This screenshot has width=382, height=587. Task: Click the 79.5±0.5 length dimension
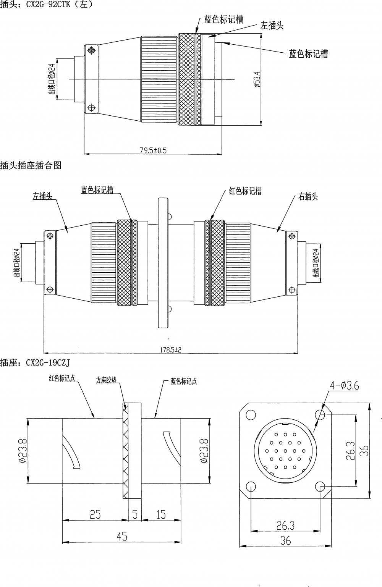(x=153, y=150)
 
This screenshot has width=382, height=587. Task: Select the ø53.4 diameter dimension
(x=257, y=79)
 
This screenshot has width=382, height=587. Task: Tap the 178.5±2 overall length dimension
(x=170, y=349)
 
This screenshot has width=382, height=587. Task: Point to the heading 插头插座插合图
(x=31, y=165)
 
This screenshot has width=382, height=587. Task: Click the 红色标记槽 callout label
(x=245, y=191)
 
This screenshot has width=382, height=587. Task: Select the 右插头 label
(x=308, y=197)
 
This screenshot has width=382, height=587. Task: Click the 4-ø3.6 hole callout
(x=345, y=386)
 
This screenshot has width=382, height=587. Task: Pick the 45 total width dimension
(x=121, y=537)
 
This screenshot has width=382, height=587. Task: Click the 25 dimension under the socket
(x=95, y=514)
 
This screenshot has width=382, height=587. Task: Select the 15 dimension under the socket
(x=161, y=514)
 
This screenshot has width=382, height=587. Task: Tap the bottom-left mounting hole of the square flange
(x=251, y=486)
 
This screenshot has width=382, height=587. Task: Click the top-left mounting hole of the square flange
(x=251, y=414)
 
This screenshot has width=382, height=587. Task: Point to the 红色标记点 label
(x=62, y=378)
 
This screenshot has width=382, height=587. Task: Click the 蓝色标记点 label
(x=183, y=381)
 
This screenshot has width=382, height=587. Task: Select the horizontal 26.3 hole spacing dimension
(x=285, y=526)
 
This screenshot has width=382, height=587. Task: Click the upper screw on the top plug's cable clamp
(x=91, y=50)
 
